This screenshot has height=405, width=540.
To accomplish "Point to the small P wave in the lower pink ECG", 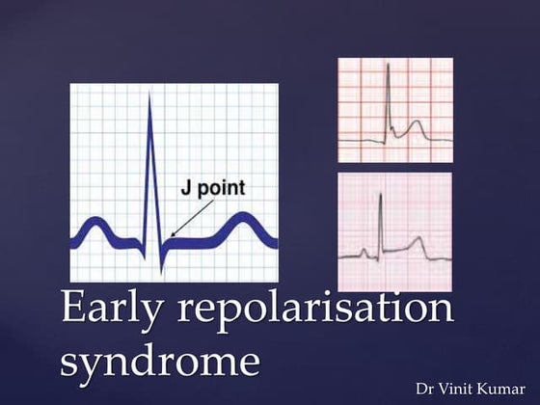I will (364, 254).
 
